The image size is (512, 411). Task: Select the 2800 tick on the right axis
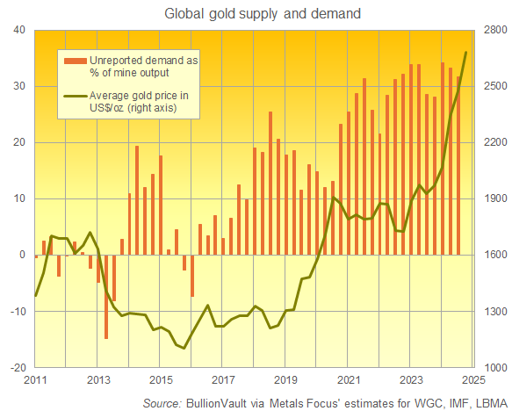point(492,30)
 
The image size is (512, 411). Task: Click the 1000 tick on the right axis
point(492,367)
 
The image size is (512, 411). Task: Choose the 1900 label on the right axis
point(492,198)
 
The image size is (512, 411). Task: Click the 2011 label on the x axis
point(35,380)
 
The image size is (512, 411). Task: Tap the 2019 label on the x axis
point(285,380)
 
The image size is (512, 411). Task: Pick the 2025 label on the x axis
point(472,380)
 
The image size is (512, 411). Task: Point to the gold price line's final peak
point(465,52)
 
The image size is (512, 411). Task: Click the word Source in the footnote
point(162,402)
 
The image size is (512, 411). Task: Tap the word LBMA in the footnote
point(487,402)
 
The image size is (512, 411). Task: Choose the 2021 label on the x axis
point(348,380)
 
